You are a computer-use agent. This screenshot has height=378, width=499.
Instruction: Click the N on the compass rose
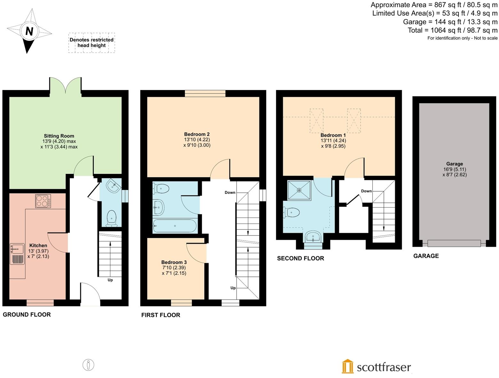pyautogui.click(x=29, y=31)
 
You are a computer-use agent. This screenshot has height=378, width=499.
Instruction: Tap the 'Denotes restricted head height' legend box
pyautogui.click(x=91, y=43)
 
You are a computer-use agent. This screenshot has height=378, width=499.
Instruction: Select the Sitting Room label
pyautogui.click(x=59, y=136)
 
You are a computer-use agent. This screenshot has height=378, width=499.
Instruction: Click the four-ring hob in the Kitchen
pyautogui.click(x=43, y=201)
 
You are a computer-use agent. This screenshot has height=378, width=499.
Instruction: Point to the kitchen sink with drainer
pyautogui.click(x=17, y=254)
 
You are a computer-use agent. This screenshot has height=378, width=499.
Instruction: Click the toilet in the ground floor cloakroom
pyautogui.click(x=111, y=217)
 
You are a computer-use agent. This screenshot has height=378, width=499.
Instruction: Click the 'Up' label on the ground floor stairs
pyautogui.click(x=110, y=280)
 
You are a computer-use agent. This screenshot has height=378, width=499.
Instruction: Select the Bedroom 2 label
pyautogui.click(x=197, y=134)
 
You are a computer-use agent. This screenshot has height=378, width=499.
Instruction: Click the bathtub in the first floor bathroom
pyautogui.click(x=175, y=226)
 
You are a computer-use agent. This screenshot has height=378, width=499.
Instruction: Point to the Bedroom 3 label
pyautogui.click(x=174, y=262)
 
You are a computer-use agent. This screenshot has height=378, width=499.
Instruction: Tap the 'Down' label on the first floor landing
pyautogui.click(x=230, y=193)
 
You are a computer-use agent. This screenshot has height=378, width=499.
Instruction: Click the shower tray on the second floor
pyautogui.click(x=299, y=190)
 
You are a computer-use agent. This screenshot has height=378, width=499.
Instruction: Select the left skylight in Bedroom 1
pyautogui.click(x=316, y=121)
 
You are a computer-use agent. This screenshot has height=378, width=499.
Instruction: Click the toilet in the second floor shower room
pyautogui.click(x=292, y=212)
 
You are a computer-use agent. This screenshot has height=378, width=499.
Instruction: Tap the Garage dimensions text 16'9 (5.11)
pyautogui.click(x=454, y=169)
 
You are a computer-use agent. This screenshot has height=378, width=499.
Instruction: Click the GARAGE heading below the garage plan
pyautogui.click(x=426, y=256)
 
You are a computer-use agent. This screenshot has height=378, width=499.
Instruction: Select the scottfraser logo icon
pyautogui.click(x=347, y=366)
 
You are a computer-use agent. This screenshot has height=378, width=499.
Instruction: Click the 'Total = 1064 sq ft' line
pyautogui.click(x=452, y=30)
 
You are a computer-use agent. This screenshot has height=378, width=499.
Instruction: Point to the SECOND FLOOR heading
pyautogui.click(x=300, y=259)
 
